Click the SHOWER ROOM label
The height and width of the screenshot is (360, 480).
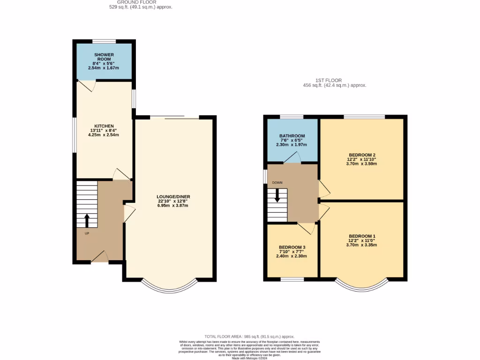pyautogui.click(x=103, y=57)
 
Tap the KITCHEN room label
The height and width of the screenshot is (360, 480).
pyautogui.click(x=104, y=126)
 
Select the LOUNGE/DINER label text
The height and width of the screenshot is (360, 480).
pyautogui.click(x=173, y=196)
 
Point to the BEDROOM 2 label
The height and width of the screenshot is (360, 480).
pyautogui.click(x=362, y=155)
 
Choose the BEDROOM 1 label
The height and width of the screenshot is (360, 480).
pyautogui.click(x=362, y=236)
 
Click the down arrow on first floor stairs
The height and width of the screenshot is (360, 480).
pyautogui.click(x=277, y=195)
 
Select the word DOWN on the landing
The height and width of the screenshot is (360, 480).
pyautogui.click(x=277, y=182)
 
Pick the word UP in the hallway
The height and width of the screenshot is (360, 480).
pyautogui.click(x=87, y=233)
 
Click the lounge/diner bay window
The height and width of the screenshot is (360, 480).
pyautogui.click(x=169, y=286)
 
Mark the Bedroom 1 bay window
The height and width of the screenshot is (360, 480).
pyautogui.click(x=362, y=286)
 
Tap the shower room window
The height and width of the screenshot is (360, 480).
pyautogui.click(x=104, y=41)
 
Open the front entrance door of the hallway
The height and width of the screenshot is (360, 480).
pyautogui.click(x=100, y=257)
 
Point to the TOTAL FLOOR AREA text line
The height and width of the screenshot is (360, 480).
pyautogui.click(x=249, y=337)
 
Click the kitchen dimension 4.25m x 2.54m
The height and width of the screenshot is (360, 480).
pyautogui.click(x=104, y=135)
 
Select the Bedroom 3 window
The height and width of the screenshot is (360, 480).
pyautogui.click(x=292, y=280)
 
